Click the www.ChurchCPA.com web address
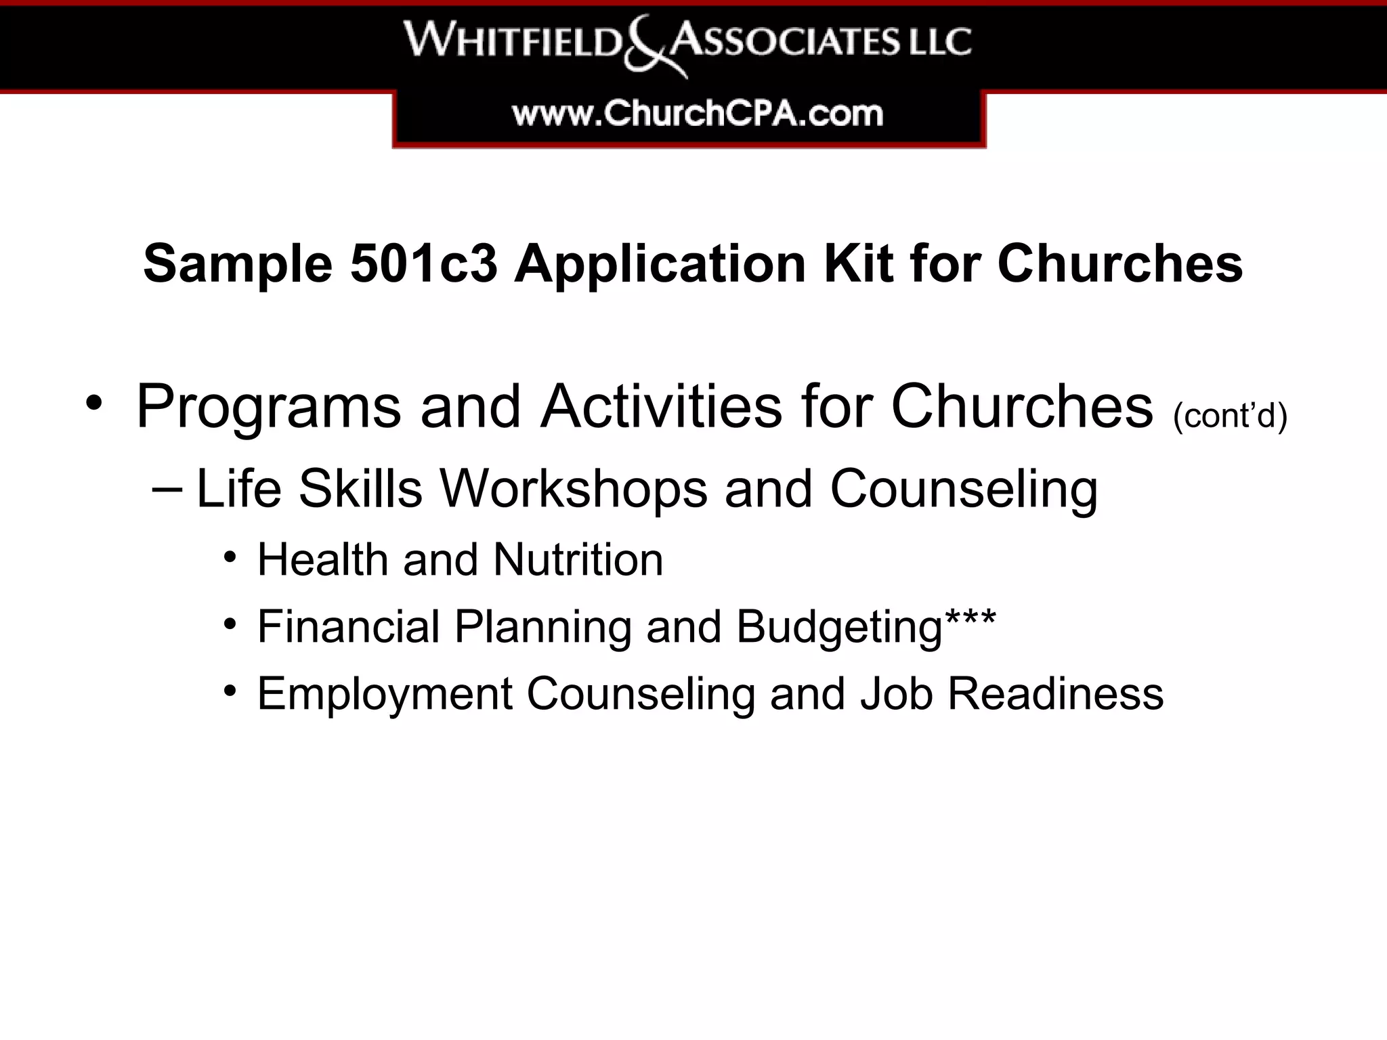pos(698,114)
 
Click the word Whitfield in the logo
pos(513,41)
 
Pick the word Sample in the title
pos(238,264)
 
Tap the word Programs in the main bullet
pos(269,408)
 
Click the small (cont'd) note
pos(1230,415)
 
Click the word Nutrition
pos(578,560)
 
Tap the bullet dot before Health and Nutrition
pos(230,559)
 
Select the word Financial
pos(349,626)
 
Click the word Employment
pos(385,695)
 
